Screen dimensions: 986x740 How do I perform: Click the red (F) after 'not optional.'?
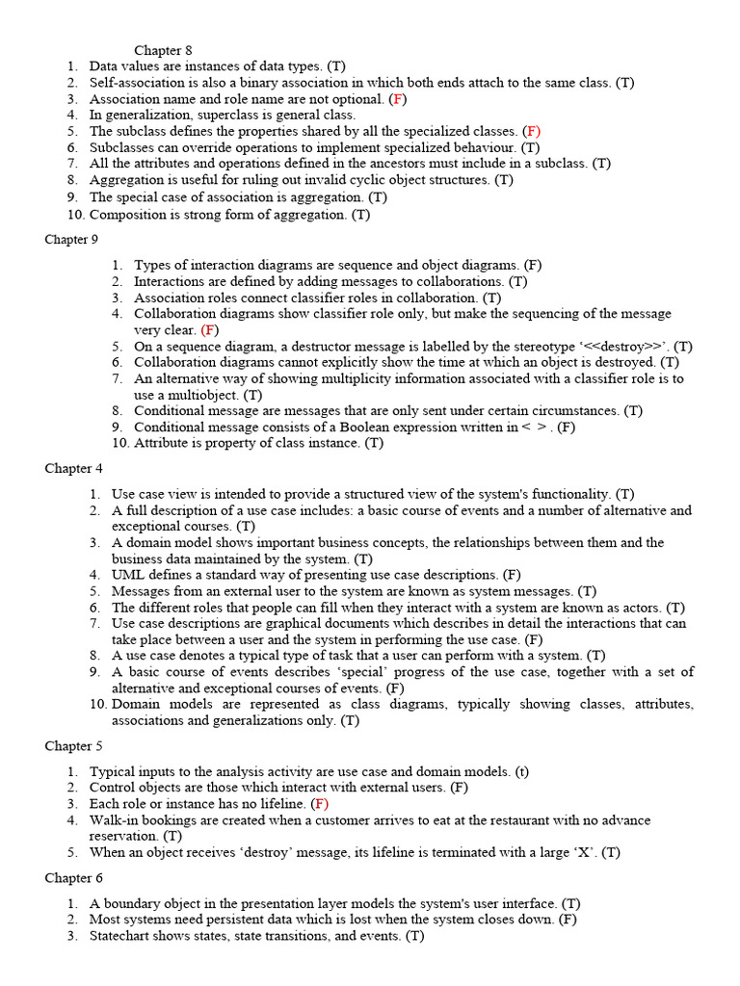(x=398, y=99)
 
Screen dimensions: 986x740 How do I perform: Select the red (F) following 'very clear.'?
(x=210, y=330)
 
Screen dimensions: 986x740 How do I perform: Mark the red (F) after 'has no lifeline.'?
(x=320, y=804)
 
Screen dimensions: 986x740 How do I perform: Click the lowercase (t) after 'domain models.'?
(x=521, y=771)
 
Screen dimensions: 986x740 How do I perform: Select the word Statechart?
(x=121, y=936)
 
